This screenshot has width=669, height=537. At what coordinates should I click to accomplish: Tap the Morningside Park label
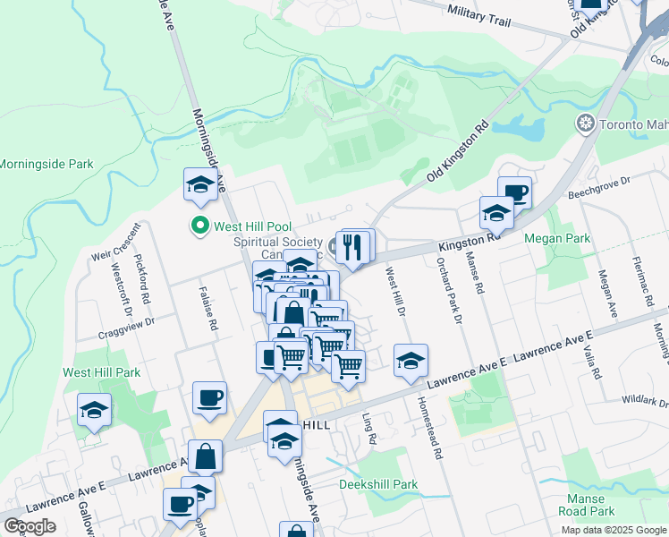47,165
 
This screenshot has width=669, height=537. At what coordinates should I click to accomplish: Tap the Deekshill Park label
378,485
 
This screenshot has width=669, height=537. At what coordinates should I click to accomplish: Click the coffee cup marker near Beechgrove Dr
514,192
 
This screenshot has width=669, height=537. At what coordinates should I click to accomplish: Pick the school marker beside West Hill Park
94,410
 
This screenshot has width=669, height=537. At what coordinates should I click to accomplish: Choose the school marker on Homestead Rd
411,361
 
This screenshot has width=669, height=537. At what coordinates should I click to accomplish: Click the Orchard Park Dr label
448,290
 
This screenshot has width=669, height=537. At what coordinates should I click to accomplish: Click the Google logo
29,526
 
